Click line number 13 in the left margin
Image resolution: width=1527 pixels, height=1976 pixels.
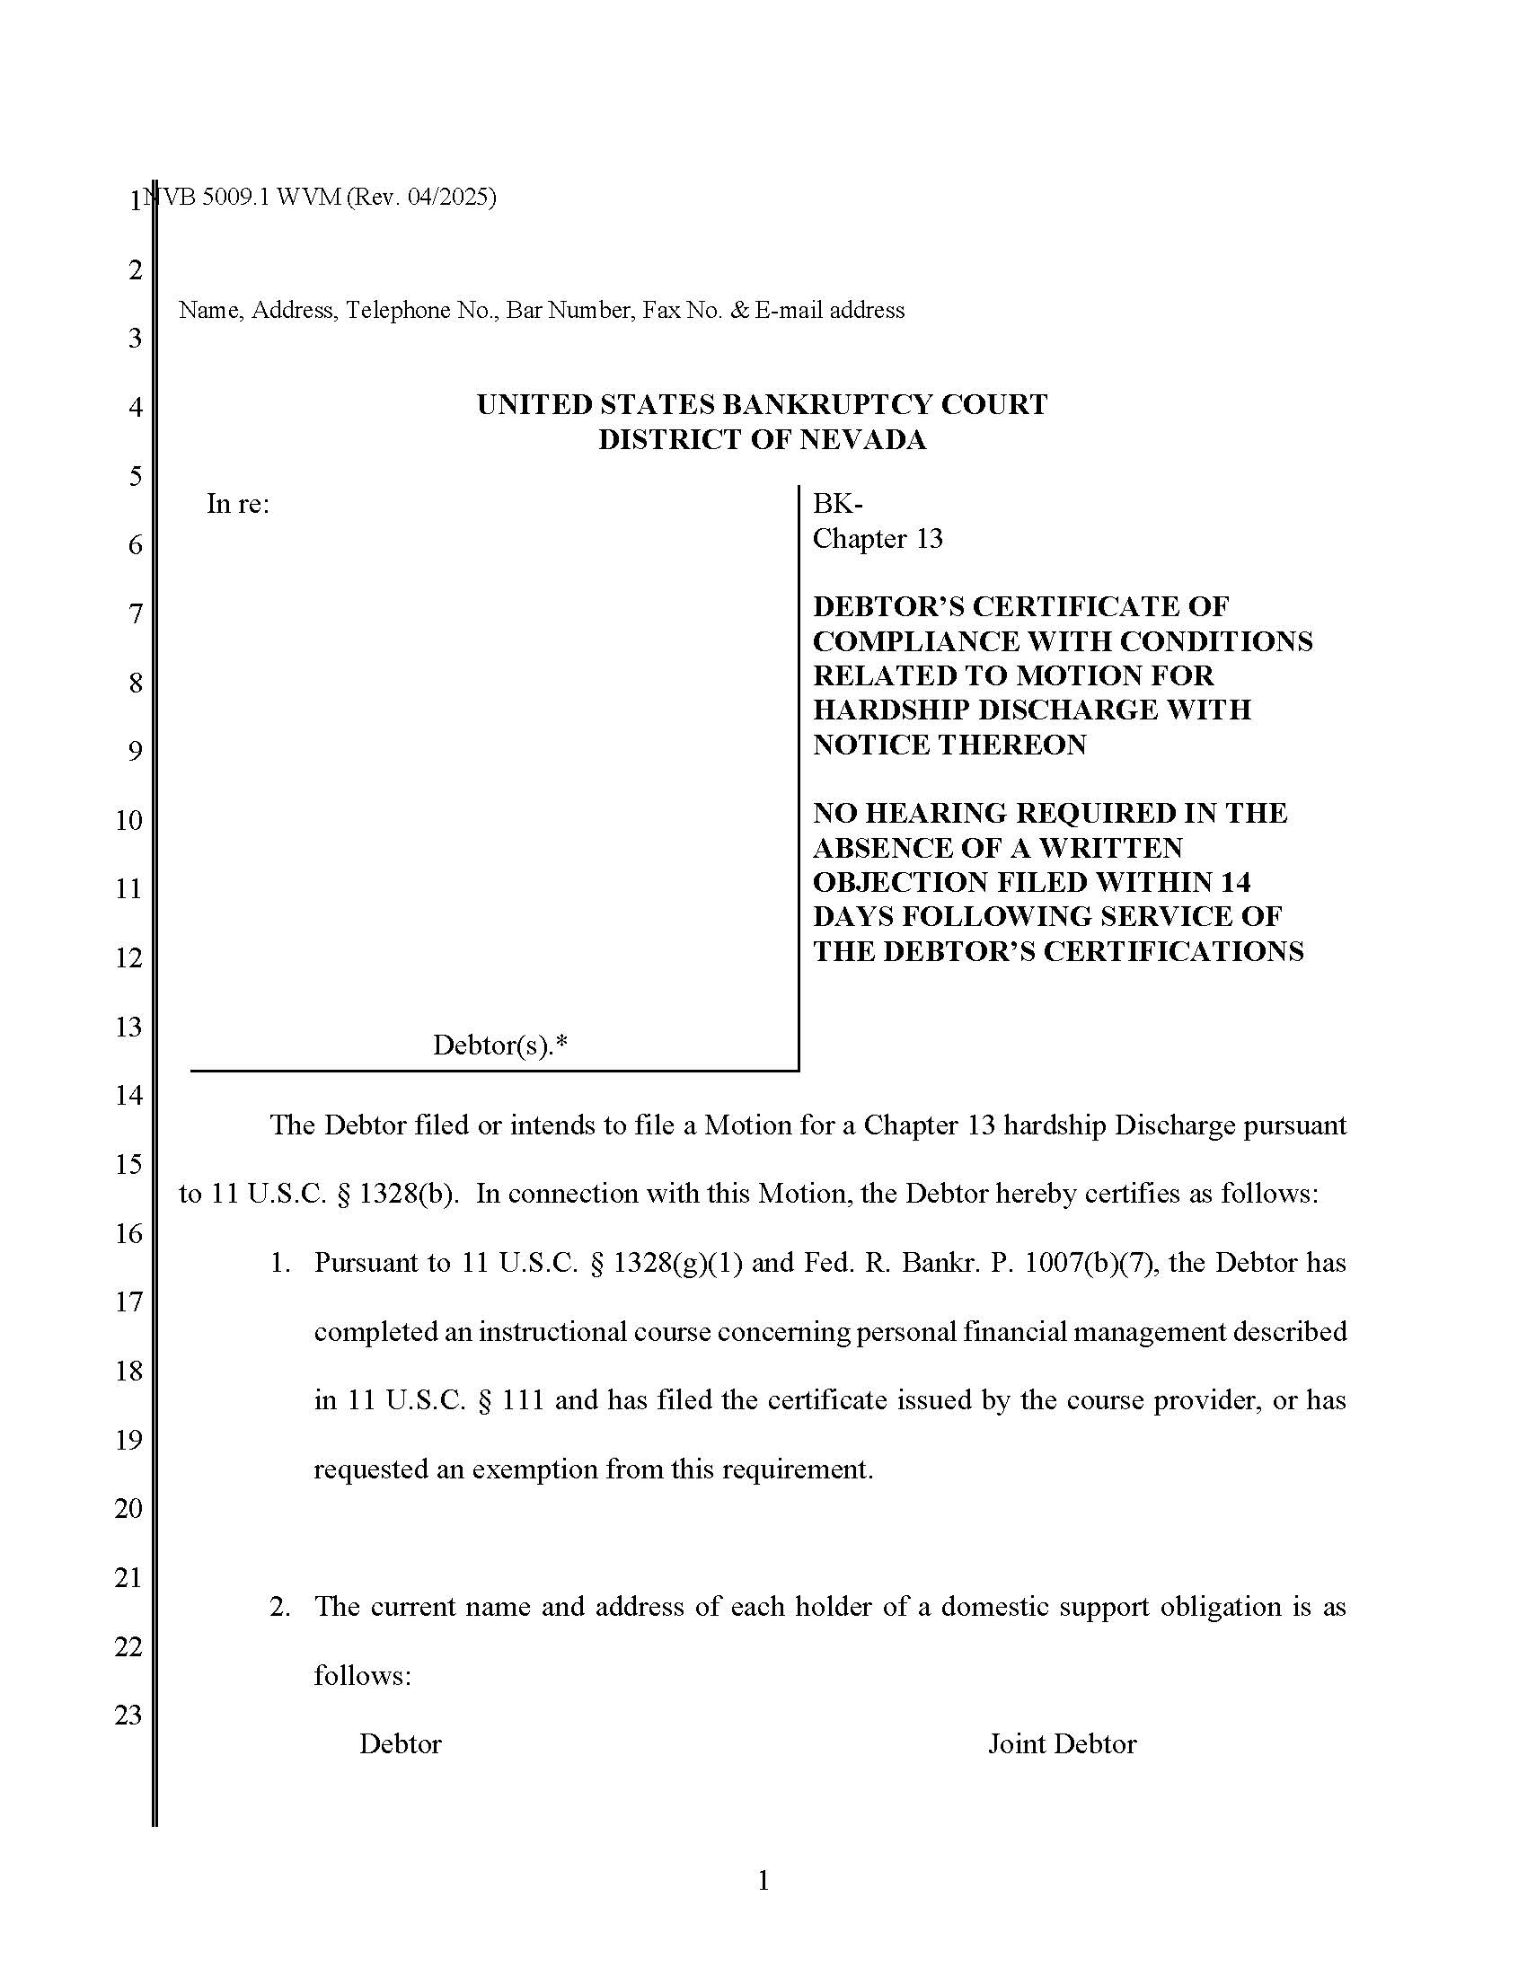[x=128, y=1026]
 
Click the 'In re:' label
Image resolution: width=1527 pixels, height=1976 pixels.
[x=238, y=504]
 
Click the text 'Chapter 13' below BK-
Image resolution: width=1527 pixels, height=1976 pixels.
[x=878, y=539]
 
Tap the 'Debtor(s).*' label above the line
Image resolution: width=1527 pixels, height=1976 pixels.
[x=499, y=1045]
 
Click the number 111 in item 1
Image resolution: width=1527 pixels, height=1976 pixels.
[x=522, y=1399]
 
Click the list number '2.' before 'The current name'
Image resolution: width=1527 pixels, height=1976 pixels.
[x=280, y=1607]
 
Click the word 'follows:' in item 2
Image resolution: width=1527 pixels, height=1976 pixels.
[x=362, y=1676]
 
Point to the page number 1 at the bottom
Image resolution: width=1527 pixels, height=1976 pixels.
[x=763, y=1881]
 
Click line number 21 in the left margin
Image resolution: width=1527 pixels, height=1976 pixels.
[x=128, y=1577]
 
